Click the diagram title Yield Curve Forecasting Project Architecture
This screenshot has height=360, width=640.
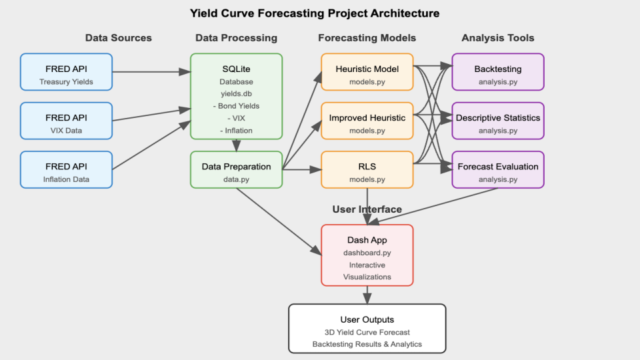click(x=315, y=13)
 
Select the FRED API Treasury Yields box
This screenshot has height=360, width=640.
click(x=66, y=72)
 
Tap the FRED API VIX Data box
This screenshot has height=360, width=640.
click(x=66, y=121)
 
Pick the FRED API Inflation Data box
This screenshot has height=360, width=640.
click(x=66, y=169)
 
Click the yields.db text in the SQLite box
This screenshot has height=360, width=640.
click(x=237, y=94)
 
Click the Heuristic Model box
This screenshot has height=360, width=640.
click(x=367, y=72)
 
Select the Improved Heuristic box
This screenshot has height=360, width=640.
click(x=367, y=121)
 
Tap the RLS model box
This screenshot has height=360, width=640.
click(x=367, y=169)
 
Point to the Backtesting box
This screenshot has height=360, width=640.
click(x=498, y=72)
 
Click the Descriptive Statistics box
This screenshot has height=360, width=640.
click(x=498, y=121)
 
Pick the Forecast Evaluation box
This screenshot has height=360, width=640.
click(x=498, y=169)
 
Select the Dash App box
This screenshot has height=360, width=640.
click(x=367, y=256)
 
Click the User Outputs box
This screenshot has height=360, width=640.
click(x=367, y=328)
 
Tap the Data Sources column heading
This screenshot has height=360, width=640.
click(x=119, y=38)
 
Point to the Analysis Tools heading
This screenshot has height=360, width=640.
click(x=498, y=38)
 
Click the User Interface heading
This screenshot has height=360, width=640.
click(x=367, y=209)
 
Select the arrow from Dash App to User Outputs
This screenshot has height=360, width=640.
click(x=367, y=295)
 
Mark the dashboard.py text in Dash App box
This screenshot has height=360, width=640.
click(x=367, y=253)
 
